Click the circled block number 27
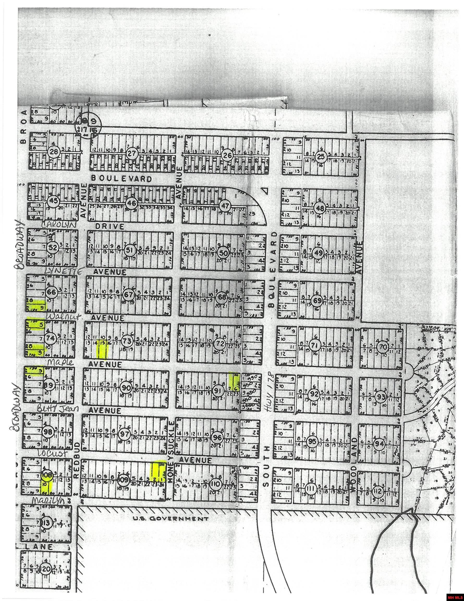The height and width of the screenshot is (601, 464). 132,153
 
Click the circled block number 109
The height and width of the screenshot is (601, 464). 123,480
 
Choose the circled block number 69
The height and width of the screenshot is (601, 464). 318,300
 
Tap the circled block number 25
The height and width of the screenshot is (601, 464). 321,157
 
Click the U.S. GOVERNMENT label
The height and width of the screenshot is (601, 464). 170,519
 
